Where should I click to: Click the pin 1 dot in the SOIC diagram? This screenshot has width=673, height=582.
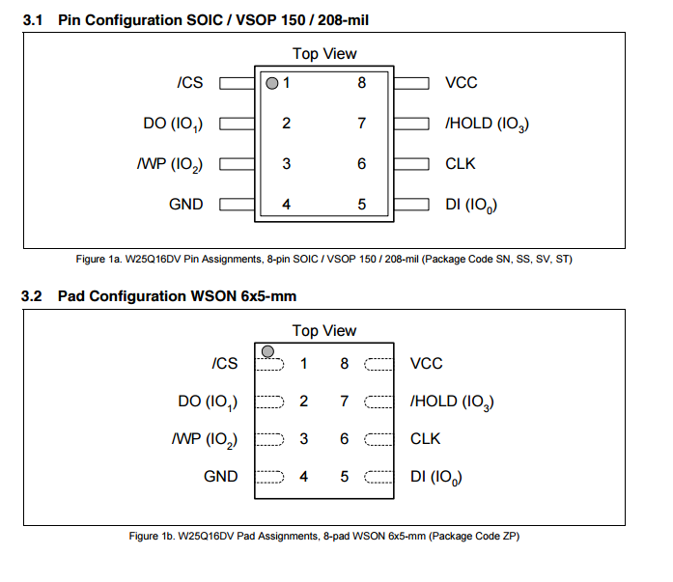tap(271, 83)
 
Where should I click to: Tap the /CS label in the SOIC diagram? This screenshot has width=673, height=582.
tap(190, 83)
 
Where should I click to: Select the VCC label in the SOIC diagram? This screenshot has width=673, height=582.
tap(461, 83)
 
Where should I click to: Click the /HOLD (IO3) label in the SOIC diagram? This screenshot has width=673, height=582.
tap(487, 124)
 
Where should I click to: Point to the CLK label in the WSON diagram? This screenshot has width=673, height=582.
tap(425, 438)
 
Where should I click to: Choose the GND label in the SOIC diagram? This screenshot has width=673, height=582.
tap(186, 205)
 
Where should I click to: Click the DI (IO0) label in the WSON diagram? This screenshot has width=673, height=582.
tap(435, 477)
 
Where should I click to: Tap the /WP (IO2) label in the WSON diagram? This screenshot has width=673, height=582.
tap(205, 439)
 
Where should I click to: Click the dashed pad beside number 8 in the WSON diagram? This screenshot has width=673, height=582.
tap(378, 364)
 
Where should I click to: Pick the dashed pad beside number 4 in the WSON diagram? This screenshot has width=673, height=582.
tap(269, 477)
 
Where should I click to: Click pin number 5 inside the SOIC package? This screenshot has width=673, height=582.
tap(362, 205)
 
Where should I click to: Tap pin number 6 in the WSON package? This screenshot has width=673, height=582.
tap(345, 438)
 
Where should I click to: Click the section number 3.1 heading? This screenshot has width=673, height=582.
tap(35, 20)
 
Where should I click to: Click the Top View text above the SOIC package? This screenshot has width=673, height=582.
tap(324, 54)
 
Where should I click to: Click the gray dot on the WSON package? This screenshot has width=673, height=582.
tap(267, 350)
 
